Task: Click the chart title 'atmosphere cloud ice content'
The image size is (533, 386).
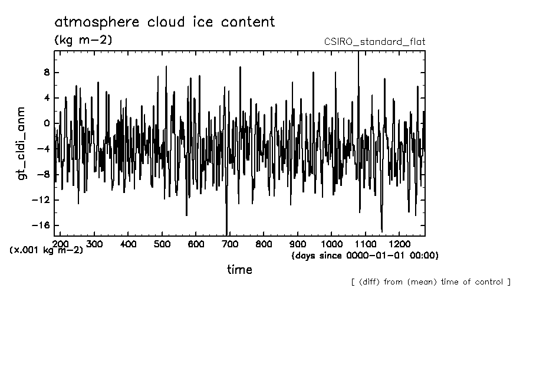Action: (x=164, y=22)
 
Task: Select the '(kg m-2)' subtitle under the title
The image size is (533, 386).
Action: (x=83, y=40)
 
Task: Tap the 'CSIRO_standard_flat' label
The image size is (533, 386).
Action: (x=374, y=42)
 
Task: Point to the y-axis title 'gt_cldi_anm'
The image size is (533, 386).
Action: (x=21, y=143)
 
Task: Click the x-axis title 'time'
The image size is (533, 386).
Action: (x=240, y=270)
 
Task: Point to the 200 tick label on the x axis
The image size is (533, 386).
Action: (x=60, y=244)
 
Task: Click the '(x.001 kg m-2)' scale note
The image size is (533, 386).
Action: (x=47, y=250)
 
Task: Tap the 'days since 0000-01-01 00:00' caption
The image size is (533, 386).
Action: (x=365, y=256)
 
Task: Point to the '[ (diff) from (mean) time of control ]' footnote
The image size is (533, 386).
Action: (x=430, y=282)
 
